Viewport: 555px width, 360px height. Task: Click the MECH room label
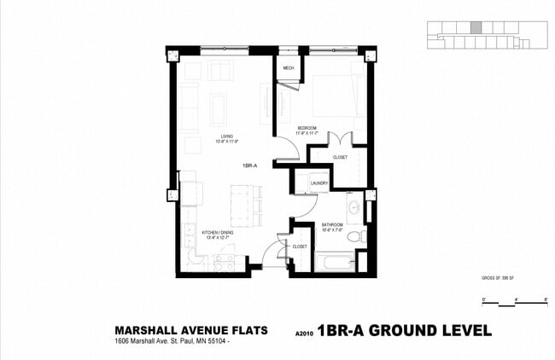click(289, 67)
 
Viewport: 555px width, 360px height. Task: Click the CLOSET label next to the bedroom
click(340, 157)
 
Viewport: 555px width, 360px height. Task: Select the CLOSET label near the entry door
click(300, 246)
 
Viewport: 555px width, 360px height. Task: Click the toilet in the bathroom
click(362, 236)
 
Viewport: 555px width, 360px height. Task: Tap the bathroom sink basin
click(353, 208)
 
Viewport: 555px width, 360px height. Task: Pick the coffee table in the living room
click(219, 109)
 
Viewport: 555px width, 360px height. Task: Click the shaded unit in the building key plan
click(476, 27)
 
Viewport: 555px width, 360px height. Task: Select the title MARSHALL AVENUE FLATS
click(190, 330)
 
